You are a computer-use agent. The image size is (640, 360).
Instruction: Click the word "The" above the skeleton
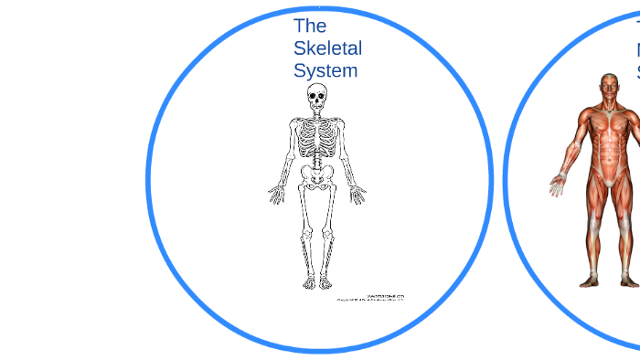click(310, 26)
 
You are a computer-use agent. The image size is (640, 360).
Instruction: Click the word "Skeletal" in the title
click(327, 48)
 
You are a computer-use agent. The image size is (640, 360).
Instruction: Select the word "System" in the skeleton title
click(325, 70)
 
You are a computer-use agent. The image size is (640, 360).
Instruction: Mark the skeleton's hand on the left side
click(276, 194)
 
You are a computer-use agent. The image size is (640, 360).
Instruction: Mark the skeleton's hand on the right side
click(357, 194)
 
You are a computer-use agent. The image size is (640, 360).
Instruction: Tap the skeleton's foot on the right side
click(325, 281)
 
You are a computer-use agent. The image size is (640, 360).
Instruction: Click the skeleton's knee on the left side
click(305, 233)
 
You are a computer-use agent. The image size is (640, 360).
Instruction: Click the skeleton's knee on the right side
click(328, 233)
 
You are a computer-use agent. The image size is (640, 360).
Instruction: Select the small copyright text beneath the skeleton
click(371, 298)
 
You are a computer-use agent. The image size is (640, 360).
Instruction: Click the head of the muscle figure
click(609, 88)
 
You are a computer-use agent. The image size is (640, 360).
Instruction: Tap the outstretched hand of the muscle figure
click(558, 185)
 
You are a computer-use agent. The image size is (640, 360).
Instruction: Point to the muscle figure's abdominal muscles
click(607, 152)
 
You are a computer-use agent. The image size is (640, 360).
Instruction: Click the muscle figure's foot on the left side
click(591, 281)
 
